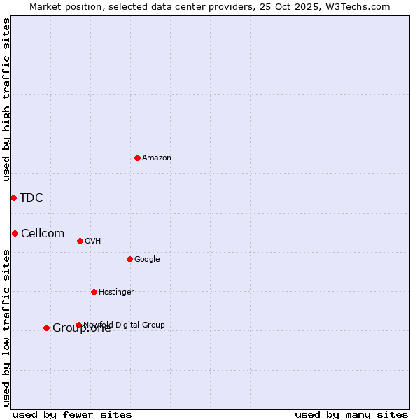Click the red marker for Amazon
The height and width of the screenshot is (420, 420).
(137, 157)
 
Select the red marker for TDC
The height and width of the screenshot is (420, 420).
(13, 197)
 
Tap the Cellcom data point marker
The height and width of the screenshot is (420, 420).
(15, 233)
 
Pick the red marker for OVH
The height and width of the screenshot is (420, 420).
(80, 241)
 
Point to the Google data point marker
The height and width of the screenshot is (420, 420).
(129, 259)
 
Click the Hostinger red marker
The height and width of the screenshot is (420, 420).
(94, 292)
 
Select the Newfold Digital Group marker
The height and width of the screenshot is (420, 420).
(78, 325)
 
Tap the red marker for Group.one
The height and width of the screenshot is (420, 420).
(46, 328)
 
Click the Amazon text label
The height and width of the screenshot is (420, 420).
(157, 158)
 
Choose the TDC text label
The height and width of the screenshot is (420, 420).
(31, 198)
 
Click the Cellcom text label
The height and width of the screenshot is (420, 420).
(43, 234)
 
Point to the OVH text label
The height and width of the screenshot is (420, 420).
(93, 241)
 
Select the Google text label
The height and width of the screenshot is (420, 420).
(147, 260)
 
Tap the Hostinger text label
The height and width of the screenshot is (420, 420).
(116, 293)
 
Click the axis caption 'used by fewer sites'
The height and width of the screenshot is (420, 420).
(72, 415)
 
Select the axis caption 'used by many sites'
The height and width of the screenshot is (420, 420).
(351, 415)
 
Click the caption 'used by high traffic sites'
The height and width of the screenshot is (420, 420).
(7, 99)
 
